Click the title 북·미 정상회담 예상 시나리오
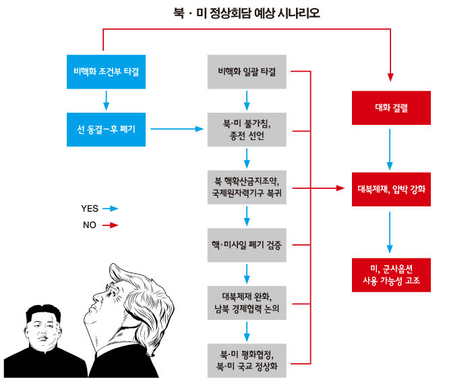click(x=237, y=11)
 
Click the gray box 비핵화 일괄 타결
click(x=247, y=71)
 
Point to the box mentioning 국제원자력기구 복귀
click(x=247, y=186)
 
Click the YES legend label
click(x=90, y=209)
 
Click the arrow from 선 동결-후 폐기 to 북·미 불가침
click(x=176, y=128)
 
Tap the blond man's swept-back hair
click(x=145, y=283)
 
